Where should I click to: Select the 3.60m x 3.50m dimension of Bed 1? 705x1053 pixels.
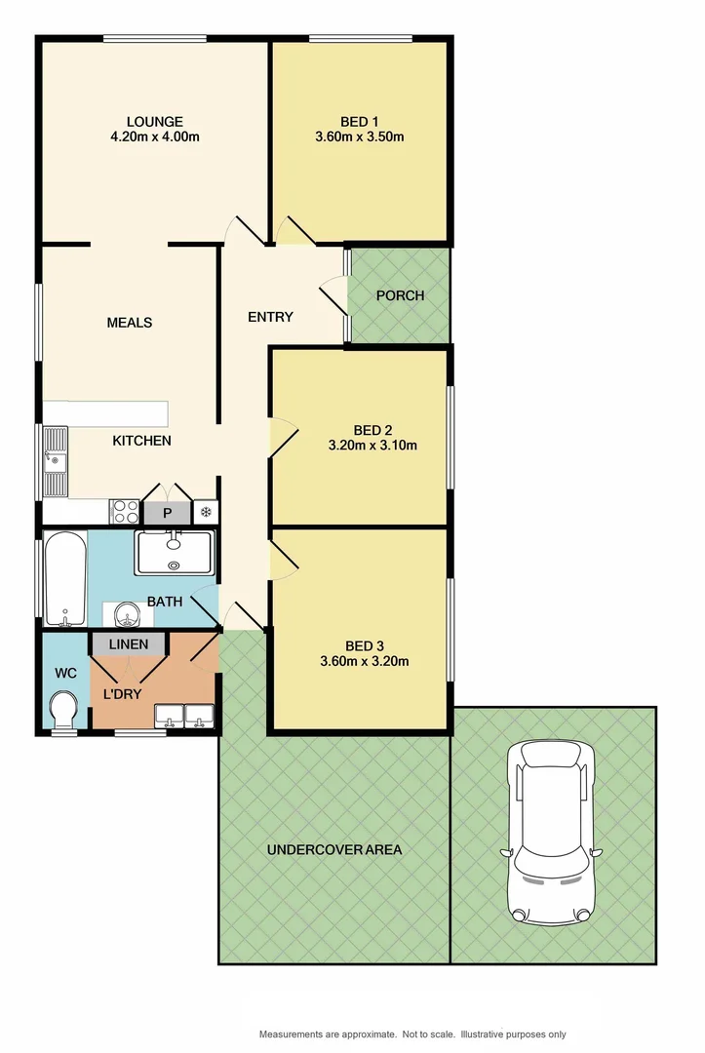click(360, 137)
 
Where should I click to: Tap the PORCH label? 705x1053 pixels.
click(400, 295)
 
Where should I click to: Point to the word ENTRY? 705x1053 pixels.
click(270, 317)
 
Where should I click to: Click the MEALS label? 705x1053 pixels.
click(130, 323)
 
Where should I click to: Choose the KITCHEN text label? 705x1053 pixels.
click(142, 441)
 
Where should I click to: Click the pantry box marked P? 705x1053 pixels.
click(167, 513)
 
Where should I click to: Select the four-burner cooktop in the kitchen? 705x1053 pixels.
click(126, 512)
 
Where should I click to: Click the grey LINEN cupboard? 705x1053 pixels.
click(129, 644)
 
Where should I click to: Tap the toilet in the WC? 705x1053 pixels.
click(64, 709)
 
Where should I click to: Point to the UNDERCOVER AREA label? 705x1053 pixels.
click(334, 849)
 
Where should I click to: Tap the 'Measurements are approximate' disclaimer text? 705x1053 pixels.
click(412, 1033)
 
